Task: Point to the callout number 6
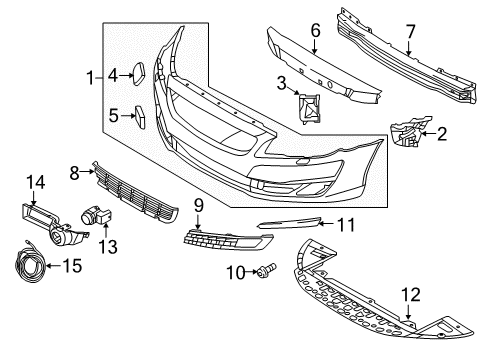[315, 31]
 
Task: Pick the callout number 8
[74, 171]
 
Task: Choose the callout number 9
[199, 204]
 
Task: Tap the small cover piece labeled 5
[141, 118]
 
